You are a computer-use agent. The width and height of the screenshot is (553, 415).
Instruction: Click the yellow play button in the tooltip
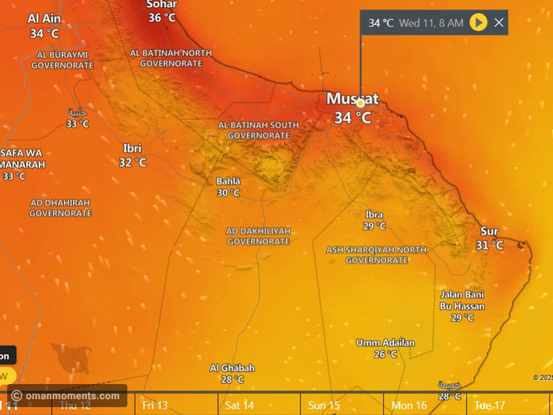point(478,22)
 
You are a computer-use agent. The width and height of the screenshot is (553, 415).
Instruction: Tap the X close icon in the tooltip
point(498,22)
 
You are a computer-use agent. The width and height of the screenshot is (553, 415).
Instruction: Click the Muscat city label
point(352,99)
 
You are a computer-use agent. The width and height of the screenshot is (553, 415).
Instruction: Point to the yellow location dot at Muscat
point(360,103)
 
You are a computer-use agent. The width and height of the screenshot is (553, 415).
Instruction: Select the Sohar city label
point(161,4)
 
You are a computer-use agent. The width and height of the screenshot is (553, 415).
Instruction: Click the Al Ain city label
point(45,19)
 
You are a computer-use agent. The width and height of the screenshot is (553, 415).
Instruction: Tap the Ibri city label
point(132,148)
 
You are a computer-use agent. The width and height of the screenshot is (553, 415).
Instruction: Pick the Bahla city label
point(228,182)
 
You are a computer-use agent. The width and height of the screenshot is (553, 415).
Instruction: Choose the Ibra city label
point(374,215)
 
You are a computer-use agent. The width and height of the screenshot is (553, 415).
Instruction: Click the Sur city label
point(489,231)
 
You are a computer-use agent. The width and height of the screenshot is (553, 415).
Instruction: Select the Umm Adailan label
point(385,343)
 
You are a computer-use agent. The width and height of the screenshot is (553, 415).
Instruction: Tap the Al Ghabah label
point(232,368)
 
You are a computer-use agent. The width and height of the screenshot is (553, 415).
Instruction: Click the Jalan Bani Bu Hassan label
point(462,300)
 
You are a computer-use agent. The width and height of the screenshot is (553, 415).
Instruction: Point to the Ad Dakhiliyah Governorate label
point(258,236)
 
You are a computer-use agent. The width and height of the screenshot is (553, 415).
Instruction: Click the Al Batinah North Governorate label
point(171,58)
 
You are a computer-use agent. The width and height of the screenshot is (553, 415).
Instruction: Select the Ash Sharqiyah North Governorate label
point(377,255)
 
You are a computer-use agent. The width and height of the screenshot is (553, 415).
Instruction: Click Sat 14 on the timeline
point(239,406)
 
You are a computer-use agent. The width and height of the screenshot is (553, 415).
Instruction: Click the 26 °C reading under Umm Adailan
point(385,354)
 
